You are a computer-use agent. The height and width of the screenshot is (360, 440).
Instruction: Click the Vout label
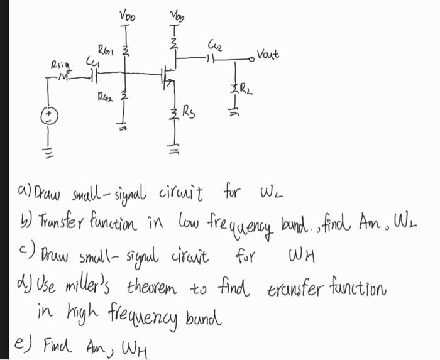point(268,55)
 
